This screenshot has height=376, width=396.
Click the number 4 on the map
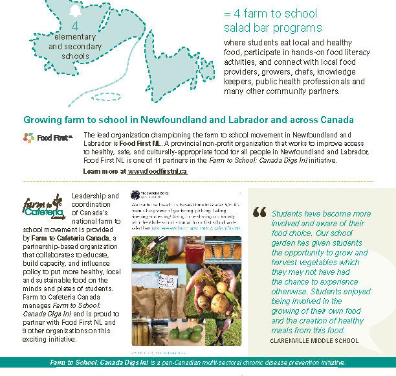click(75, 27)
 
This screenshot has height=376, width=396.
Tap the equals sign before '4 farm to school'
click(227, 13)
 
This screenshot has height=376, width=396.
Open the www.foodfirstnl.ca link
click(157, 171)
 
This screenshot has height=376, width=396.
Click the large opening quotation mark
click(259, 212)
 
